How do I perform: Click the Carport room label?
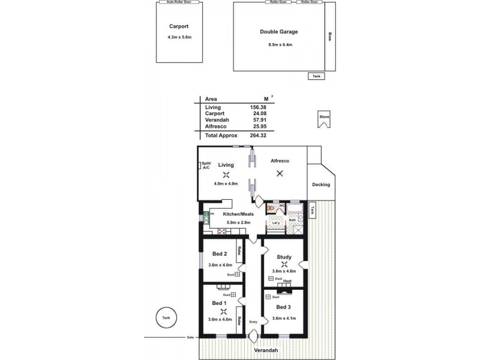click(179, 26)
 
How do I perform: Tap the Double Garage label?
click(278, 32)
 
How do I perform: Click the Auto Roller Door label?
click(178, 2)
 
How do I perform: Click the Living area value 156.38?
click(258, 107)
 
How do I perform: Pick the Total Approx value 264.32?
click(258, 135)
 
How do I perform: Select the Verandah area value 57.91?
click(258, 120)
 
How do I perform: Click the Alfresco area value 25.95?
click(258, 127)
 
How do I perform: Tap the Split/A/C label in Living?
click(206, 166)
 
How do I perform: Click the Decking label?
click(322, 184)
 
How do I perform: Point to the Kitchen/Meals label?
click(238, 214)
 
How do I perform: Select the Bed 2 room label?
click(219, 254)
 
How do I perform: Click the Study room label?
click(284, 257)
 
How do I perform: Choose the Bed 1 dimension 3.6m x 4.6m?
click(220, 319)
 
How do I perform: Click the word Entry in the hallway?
click(253, 321)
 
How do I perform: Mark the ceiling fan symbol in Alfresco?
click(279, 174)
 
